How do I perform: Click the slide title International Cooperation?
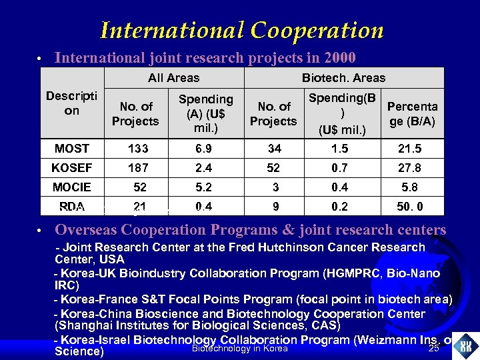click(x=241, y=30)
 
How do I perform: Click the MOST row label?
click(x=72, y=149)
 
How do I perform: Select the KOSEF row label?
click(x=72, y=168)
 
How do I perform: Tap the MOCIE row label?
click(x=72, y=187)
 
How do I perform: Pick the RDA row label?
click(x=72, y=207)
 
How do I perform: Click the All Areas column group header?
click(x=174, y=78)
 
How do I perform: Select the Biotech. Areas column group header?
click(x=343, y=78)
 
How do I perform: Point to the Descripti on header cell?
click(x=72, y=103)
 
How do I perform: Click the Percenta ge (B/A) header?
click(x=413, y=113)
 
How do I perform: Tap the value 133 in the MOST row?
click(x=139, y=149)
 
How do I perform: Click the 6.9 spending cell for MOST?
click(x=205, y=149)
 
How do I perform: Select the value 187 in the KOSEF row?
click(x=139, y=168)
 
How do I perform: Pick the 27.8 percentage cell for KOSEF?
click(x=409, y=168)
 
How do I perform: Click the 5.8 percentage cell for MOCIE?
click(x=409, y=187)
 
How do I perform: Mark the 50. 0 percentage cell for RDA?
click(x=409, y=207)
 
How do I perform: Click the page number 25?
click(x=434, y=349)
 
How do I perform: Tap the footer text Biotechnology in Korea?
click(x=239, y=349)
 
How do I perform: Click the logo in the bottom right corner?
click(x=465, y=345)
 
